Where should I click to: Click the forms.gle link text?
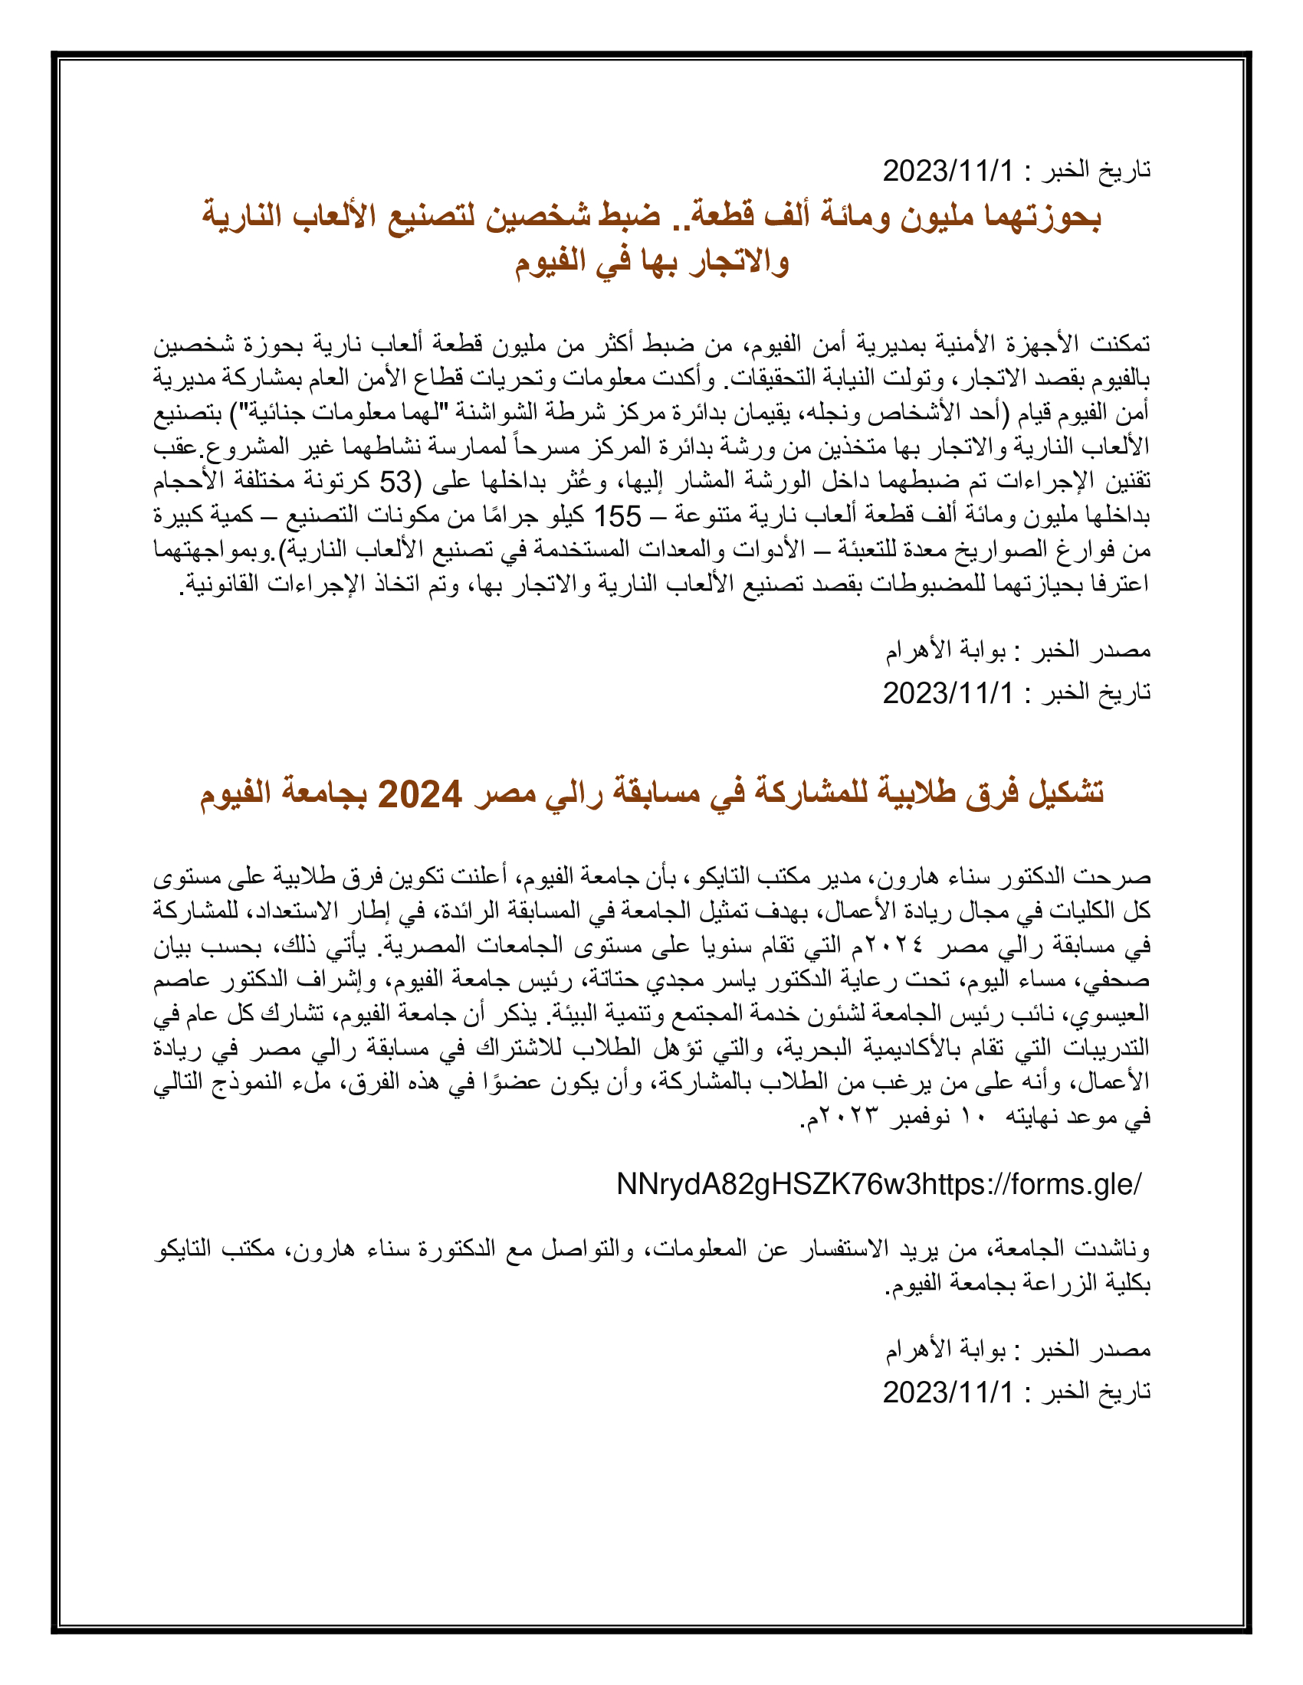[878, 1184]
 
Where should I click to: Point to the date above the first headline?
[947, 171]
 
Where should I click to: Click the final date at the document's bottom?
[947, 1392]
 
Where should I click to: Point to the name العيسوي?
[1111, 1015]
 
